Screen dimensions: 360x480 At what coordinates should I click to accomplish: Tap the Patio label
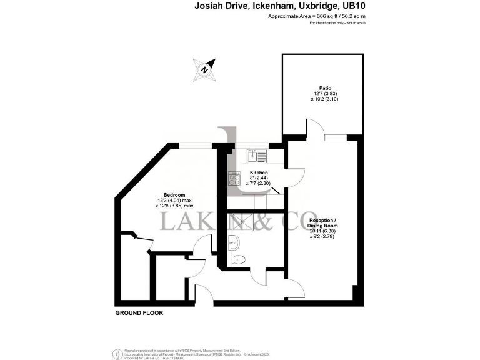point(325,88)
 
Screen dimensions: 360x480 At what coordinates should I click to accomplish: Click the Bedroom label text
point(174,194)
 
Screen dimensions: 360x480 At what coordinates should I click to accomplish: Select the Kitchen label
point(259,172)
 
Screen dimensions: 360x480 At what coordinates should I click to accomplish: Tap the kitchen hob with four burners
point(235,179)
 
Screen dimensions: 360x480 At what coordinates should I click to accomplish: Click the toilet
point(238,259)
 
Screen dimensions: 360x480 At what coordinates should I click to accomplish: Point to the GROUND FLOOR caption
point(139,313)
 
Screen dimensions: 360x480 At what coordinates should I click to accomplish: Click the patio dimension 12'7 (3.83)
point(325,94)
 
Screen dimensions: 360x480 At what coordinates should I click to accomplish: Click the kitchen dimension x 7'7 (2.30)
point(259,183)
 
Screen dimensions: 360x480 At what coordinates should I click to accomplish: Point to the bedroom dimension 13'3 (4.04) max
point(174,200)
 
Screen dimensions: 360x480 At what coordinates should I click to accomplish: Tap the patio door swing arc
point(315,129)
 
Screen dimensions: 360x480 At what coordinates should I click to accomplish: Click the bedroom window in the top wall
point(196,145)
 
